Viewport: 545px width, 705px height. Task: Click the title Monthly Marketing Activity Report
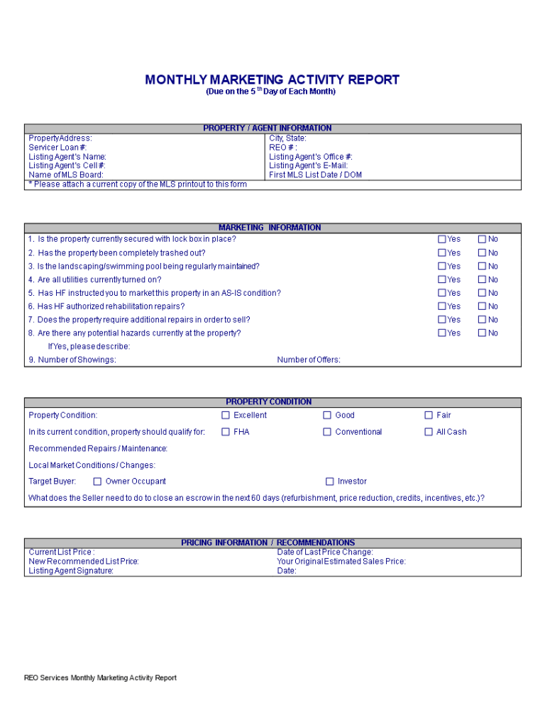pos(272,80)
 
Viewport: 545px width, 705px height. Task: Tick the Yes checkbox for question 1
pos(442,240)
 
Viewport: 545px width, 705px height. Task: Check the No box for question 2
pos(482,253)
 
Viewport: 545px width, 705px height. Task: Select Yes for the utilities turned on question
pos(442,279)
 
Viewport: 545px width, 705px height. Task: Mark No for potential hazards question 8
pos(482,333)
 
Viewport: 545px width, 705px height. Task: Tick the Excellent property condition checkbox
pos(226,416)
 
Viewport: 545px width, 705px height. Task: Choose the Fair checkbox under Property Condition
pos(429,416)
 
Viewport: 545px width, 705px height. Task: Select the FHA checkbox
pos(226,432)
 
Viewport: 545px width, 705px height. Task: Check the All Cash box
pos(429,432)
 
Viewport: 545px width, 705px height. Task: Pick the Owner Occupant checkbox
pos(97,482)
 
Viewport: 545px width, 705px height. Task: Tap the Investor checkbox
pos(329,482)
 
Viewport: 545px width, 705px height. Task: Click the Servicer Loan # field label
pos(57,148)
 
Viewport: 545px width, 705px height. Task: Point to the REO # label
pos(283,148)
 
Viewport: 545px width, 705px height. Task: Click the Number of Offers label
pos(309,360)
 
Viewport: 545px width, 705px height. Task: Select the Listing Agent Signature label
pos(71,571)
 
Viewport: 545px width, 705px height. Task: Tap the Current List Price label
pos(61,552)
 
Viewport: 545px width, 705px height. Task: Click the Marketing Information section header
pos(270,228)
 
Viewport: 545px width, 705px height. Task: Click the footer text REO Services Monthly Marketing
pos(100,678)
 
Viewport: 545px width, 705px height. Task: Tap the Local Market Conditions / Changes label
pos(92,465)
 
